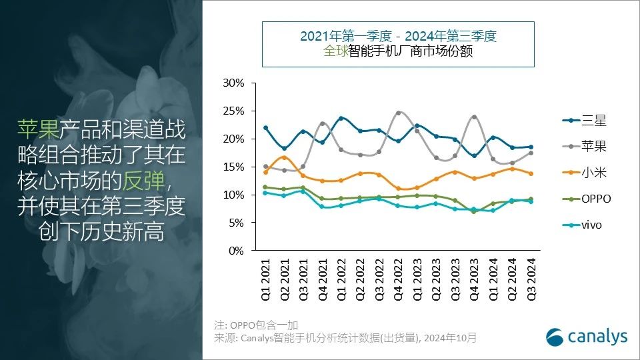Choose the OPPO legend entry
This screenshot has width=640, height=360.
pyautogui.click(x=587, y=199)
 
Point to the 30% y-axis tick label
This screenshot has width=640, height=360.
pyautogui.click(x=235, y=83)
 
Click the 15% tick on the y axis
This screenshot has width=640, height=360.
pyautogui.click(x=235, y=167)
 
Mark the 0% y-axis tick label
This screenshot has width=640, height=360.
pyautogui.click(x=237, y=251)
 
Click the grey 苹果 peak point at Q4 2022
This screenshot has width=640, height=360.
pyautogui.click(x=399, y=113)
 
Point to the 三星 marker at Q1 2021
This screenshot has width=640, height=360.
pyautogui.click(x=266, y=127)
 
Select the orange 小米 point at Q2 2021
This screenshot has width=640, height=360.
pyautogui.click(x=285, y=157)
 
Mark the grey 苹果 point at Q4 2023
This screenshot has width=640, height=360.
pyautogui.click(x=474, y=117)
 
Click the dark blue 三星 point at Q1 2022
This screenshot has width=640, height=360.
pyautogui.click(x=341, y=118)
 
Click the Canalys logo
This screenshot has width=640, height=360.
pyautogui.click(x=587, y=337)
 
